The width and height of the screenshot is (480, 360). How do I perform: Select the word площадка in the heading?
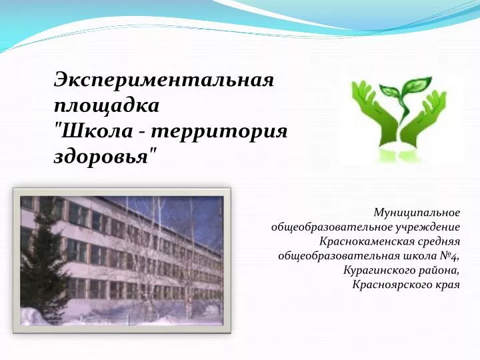click(107, 107)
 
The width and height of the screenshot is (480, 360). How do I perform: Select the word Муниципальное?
click(417, 213)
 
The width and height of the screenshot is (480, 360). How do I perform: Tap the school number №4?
click(449, 256)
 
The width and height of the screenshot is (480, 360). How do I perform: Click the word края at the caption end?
click(447, 285)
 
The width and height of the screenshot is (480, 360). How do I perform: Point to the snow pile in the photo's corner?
click(34, 315)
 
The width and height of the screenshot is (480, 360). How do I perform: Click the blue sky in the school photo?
click(184, 214)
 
